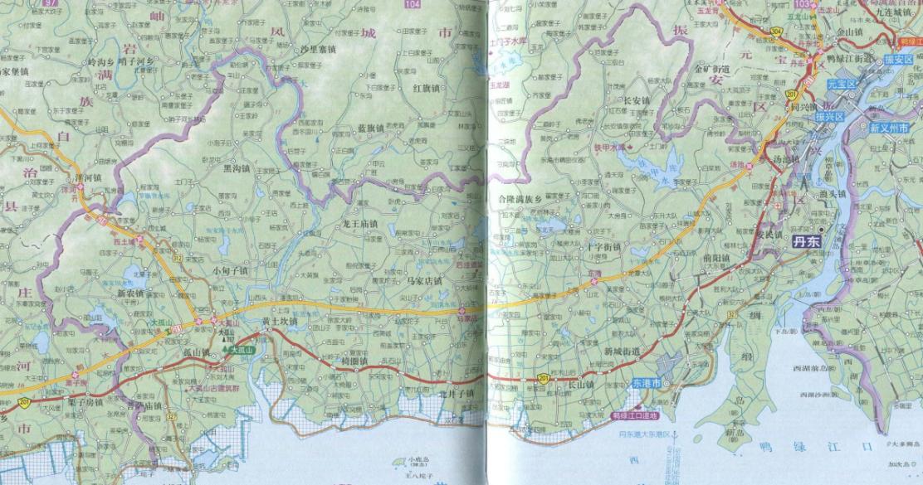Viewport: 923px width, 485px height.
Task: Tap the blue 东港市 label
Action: (646, 385)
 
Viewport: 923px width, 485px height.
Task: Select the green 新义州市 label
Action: (890, 129)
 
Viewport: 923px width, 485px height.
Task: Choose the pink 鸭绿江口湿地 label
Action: (634, 415)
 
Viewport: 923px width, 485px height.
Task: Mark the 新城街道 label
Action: (622, 352)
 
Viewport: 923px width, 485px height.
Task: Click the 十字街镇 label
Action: (603, 247)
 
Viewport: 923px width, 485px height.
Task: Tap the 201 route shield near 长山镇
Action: (543, 377)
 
